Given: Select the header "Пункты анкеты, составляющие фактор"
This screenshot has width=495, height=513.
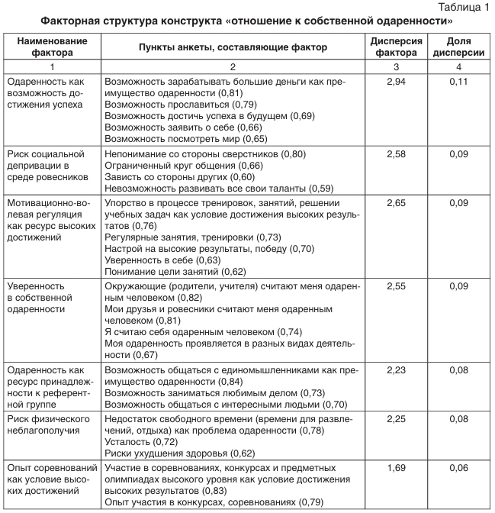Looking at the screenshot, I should [x=233, y=47].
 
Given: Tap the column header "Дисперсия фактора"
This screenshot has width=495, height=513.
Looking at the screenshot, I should [x=396, y=47].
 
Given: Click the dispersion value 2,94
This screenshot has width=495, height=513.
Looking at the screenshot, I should [x=396, y=80].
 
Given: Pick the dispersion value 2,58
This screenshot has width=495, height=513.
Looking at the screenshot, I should [x=396, y=154].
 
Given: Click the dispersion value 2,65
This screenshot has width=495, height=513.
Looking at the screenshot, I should [x=396, y=204].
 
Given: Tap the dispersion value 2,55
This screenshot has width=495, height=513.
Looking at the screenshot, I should [x=396, y=286].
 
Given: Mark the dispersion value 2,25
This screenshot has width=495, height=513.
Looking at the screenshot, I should [x=396, y=419].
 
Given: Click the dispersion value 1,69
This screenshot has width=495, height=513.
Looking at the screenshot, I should [x=396, y=467].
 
